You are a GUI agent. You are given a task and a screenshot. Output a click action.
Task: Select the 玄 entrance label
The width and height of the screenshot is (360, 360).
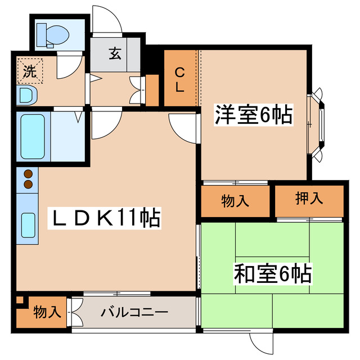[115, 54]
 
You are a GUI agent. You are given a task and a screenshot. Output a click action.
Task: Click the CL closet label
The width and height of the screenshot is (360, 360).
[179, 80]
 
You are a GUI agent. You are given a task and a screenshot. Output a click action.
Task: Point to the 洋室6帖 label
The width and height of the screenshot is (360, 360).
[253, 115]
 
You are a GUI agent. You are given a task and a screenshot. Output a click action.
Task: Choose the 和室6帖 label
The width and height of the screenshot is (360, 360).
[273, 274]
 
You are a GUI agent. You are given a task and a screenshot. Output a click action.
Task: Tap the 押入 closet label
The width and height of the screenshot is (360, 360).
[309, 198]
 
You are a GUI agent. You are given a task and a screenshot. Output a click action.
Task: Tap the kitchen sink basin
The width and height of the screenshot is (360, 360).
[29, 225]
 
